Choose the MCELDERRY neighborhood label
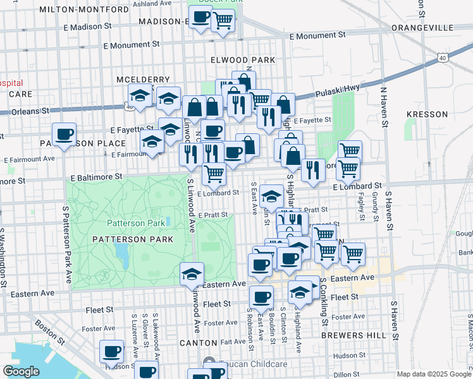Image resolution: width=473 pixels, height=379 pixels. (x=144, y=80)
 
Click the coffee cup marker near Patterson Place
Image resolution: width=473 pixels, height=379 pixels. (x=64, y=134)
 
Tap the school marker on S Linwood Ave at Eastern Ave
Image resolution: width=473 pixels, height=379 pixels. (x=192, y=273)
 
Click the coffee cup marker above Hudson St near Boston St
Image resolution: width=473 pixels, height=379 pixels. (x=112, y=351)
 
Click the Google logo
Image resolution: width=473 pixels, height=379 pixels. (x=21, y=371)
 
